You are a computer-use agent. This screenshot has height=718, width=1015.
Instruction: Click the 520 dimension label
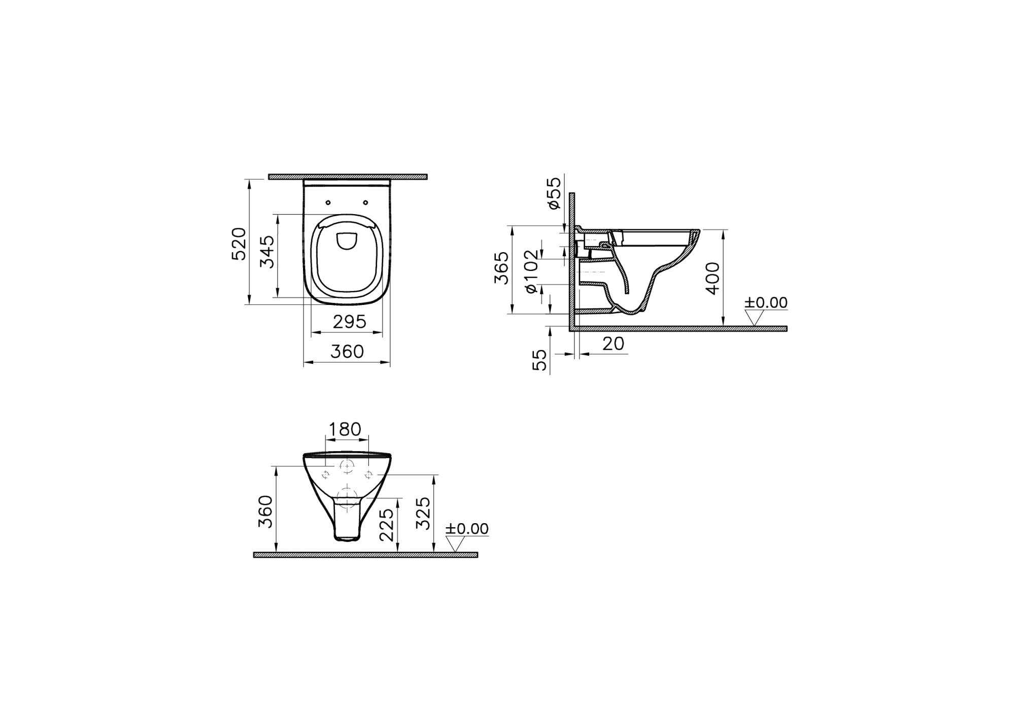tap(239, 244)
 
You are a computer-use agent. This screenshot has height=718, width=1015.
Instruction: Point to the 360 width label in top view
tap(347, 352)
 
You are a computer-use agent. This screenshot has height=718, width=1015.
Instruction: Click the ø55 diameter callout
tap(555, 193)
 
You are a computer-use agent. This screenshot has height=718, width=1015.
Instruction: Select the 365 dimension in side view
tap(501, 268)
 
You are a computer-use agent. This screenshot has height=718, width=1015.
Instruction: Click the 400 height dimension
tap(713, 278)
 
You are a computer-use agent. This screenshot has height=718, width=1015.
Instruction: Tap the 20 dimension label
tap(613, 344)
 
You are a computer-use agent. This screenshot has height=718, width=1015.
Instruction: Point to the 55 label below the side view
tap(542, 360)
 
